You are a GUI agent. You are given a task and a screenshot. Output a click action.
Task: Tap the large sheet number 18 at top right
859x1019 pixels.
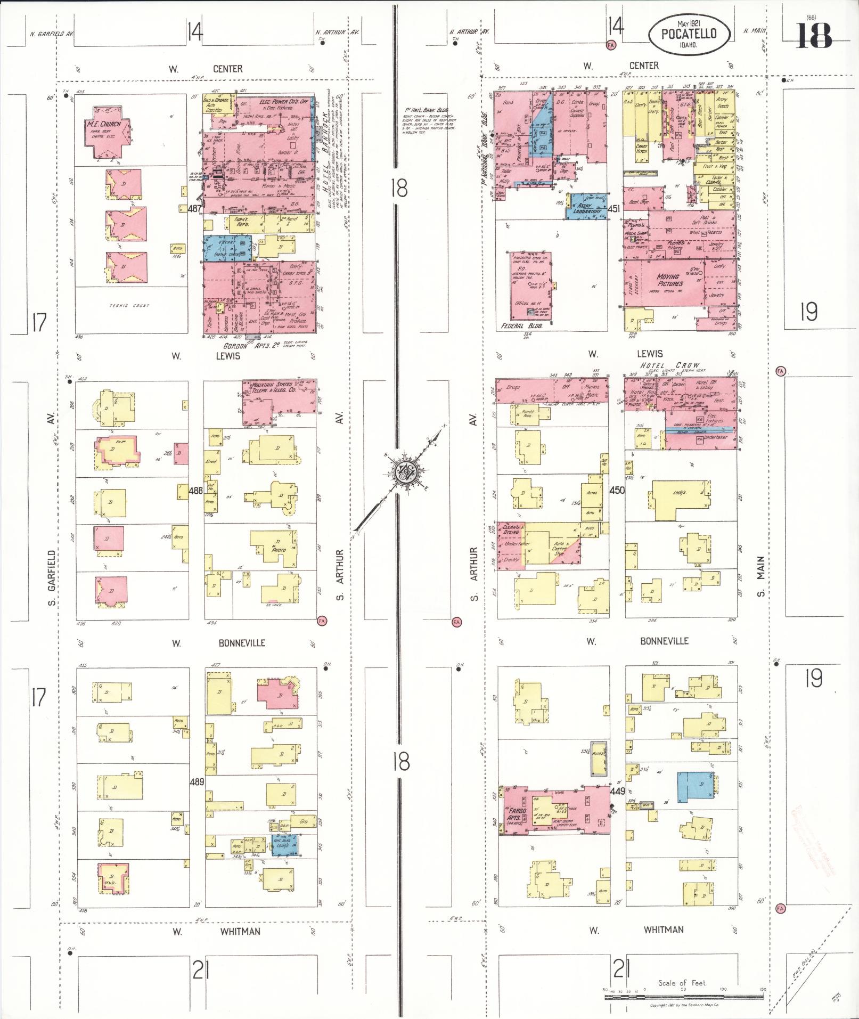[814, 36]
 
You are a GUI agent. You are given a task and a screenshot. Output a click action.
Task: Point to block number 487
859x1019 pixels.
[195, 209]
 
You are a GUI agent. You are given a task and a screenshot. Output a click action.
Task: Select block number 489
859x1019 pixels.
[197, 782]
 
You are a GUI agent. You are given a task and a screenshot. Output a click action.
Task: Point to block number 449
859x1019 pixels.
[617, 792]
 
